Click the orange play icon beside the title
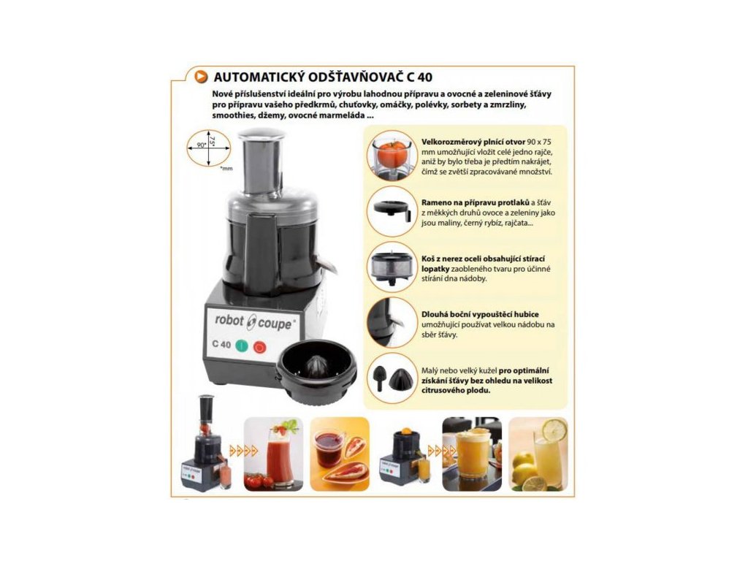click(202, 76)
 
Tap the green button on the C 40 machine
click(242, 346)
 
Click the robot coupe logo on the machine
click(253, 322)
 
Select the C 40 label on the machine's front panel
click(221, 344)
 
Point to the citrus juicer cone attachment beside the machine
click(316, 372)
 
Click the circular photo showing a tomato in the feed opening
click(392, 156)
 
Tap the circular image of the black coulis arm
click(392, 212)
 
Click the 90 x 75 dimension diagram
click(208, 148)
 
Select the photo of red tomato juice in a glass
click(273, 454)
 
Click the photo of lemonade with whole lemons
click(538, 454)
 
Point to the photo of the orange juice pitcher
click(472, 454)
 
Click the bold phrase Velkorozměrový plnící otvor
click(473, 142)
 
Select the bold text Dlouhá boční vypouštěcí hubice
click(480, 314)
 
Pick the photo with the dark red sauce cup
click(340, 454)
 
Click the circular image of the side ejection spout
click(392, 323)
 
